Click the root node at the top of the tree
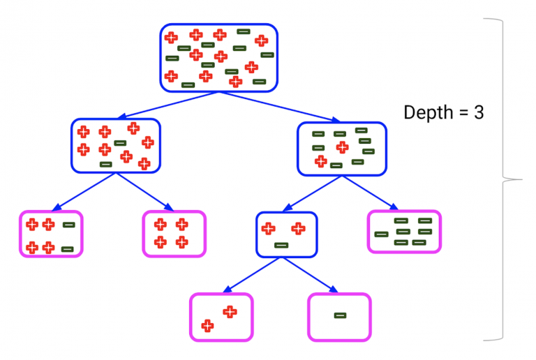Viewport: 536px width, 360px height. pos(218,58)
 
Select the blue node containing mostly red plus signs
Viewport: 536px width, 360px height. pos(115,145)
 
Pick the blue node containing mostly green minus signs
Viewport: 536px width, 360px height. pos(341,148)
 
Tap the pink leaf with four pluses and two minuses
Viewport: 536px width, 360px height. pos(50,234)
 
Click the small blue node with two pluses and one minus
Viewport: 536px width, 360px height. pos(286,234)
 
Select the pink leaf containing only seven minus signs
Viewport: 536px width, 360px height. pos(403,232)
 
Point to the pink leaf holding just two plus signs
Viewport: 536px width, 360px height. pos(221,317)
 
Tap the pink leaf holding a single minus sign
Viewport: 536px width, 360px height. pos(339,317)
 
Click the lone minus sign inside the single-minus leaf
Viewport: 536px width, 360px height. pos(339,315)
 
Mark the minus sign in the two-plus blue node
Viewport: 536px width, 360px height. pos(281,245)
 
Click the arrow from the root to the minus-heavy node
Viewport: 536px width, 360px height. pos(279,107)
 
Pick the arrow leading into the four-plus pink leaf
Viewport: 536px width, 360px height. pos(144,192)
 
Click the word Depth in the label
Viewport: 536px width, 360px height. pos(429,113)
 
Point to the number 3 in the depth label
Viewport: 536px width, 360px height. pos(479,112)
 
